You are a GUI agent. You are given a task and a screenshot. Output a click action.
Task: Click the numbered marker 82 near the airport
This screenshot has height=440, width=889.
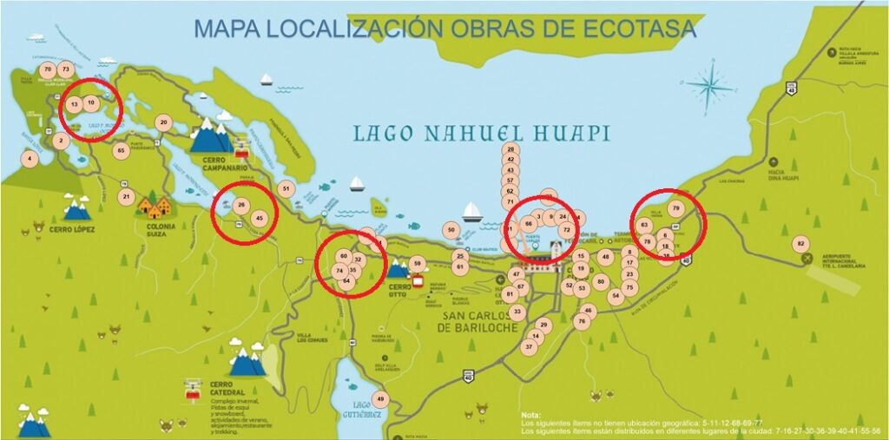tap(800, 244)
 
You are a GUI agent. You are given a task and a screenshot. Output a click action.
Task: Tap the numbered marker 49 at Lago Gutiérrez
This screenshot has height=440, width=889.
tap(379, 399)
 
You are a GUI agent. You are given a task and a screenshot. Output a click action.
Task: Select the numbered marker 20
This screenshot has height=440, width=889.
tap(163, 122)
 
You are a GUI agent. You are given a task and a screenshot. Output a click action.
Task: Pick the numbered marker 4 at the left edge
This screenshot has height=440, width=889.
tap(30, 159)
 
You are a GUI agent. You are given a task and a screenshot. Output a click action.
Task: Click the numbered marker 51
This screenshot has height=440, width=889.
tap(286, 188)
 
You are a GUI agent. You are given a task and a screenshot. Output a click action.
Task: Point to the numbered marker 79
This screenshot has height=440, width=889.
tap(676, 208)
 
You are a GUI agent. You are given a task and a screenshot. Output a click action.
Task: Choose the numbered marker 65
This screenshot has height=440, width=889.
tap(122, 150)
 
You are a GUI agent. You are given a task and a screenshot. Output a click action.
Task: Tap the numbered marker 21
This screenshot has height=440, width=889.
tap(127, 197)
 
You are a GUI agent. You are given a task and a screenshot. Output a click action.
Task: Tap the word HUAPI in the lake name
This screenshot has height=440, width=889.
tap(564, 134)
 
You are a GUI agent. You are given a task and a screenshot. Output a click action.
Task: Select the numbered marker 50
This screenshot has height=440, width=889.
tap(450, 230)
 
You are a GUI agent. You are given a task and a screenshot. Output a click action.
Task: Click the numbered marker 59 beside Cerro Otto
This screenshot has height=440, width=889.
tap(417, 263)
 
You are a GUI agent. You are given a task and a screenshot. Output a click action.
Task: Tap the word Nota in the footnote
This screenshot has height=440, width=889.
tap(532, 415)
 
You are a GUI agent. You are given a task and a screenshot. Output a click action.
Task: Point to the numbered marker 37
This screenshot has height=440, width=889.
tap(529, 346)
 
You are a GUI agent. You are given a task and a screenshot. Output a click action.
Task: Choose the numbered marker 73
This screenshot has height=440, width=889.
tap(66, 69)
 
